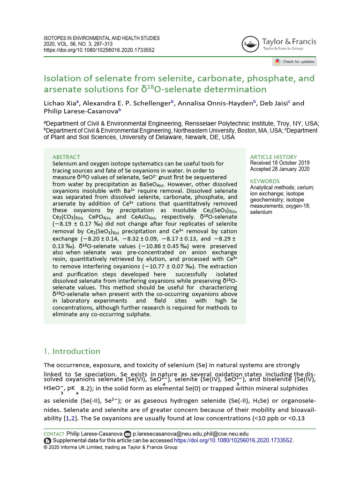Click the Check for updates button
click(294, 61)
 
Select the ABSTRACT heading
click(66, 157)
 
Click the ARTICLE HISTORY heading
click(273, 157)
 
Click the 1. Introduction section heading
click(72, 351)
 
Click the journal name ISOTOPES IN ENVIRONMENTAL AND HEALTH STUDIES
click(102, 38)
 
